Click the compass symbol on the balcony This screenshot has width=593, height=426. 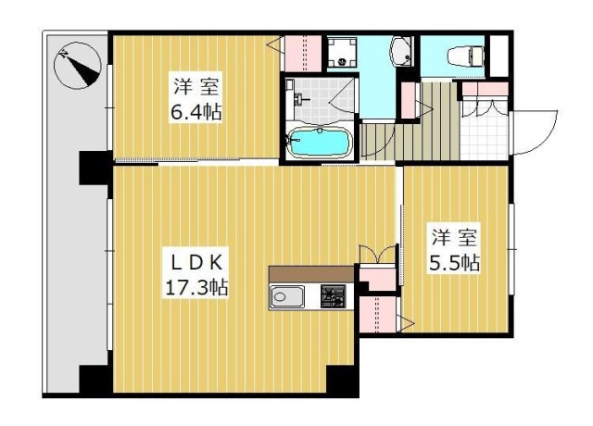pos(78,66)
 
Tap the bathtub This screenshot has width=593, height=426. pos(319,142)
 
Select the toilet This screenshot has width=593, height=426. pos(465,56)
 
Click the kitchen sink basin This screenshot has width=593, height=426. pos(286,296)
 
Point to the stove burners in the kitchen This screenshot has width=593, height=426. pos(334,296)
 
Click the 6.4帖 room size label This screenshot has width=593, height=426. pos(196,112)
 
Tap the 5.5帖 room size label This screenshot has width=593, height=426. pos(455,262)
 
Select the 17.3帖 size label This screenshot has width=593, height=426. pos(196,288)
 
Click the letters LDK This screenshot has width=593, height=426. pos(196,263)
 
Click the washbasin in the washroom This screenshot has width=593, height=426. pos(401,52)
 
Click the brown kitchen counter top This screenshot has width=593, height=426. pos(311,274)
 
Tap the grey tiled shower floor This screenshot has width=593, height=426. pos(321,100)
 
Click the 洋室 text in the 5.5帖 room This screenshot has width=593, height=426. pos(455,237)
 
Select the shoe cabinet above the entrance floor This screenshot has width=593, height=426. pos(485,89)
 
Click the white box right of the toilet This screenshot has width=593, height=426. pos(498,56)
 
